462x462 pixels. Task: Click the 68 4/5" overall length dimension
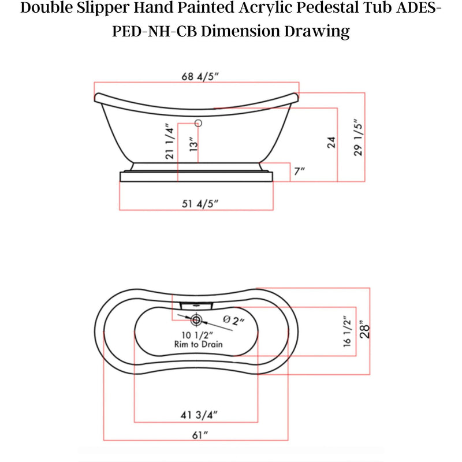200,77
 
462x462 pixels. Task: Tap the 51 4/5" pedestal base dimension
200,204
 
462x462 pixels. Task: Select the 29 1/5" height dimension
358,137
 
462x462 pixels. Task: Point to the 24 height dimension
331,142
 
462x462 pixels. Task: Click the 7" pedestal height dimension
299,171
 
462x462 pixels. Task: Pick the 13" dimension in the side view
193,144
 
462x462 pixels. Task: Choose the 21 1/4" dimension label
170,141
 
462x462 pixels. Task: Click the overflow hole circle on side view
198,123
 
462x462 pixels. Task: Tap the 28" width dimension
364,329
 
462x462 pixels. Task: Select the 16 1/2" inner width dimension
348,331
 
